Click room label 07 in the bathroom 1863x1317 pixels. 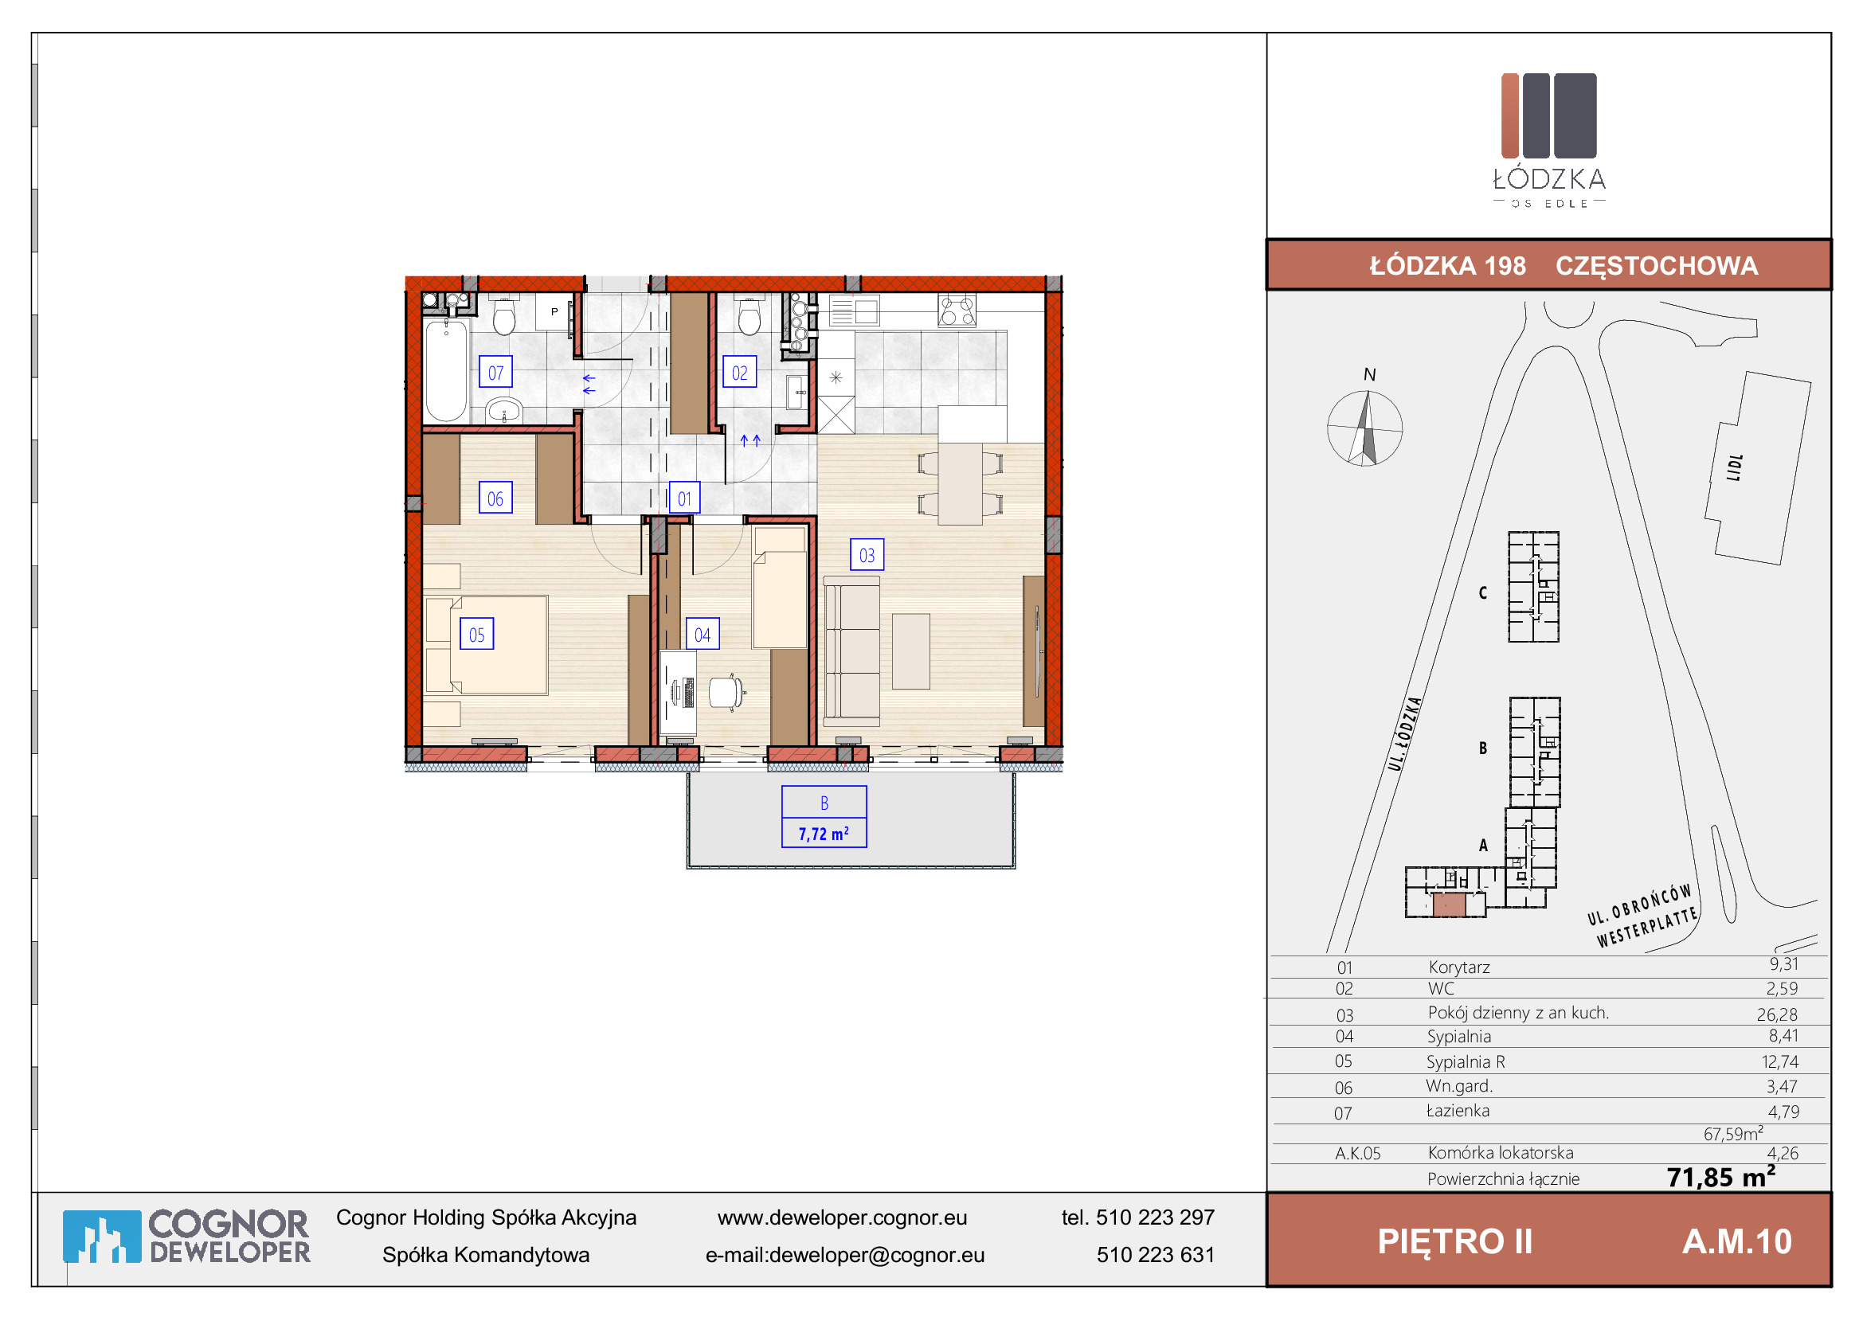point(495,372)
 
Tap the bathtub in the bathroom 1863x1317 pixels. point(445,369)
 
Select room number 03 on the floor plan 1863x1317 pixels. point(867,556)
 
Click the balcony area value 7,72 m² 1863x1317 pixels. point(824,834)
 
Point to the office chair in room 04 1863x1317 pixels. point(727,692)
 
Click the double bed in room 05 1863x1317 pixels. point(486,645)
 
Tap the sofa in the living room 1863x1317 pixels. point(852,651)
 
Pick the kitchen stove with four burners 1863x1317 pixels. point(957,311)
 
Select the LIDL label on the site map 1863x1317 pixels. point(1735,468)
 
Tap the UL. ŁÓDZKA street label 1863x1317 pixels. point(1404,734)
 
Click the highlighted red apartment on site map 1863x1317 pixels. point(1449,905)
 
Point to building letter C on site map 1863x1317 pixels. point(1482,593)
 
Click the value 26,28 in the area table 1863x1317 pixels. point(1777,1014)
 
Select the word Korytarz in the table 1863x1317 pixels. point(1459,967)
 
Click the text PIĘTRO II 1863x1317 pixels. point(1455,1241)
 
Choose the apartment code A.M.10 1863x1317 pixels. point(1736,1241)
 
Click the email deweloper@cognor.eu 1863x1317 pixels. point(876,1256)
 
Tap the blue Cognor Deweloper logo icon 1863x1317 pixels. point(102,1237)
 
